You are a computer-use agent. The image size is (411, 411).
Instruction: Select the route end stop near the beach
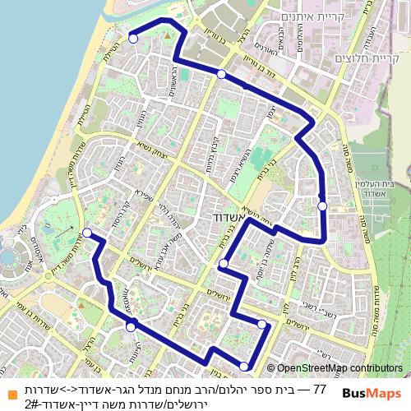[132, 38]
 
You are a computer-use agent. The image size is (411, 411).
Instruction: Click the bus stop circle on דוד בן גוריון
[221, 74]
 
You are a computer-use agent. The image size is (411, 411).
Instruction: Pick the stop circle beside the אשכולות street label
[130, 327]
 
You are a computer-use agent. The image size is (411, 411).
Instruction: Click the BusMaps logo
[371, 393]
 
